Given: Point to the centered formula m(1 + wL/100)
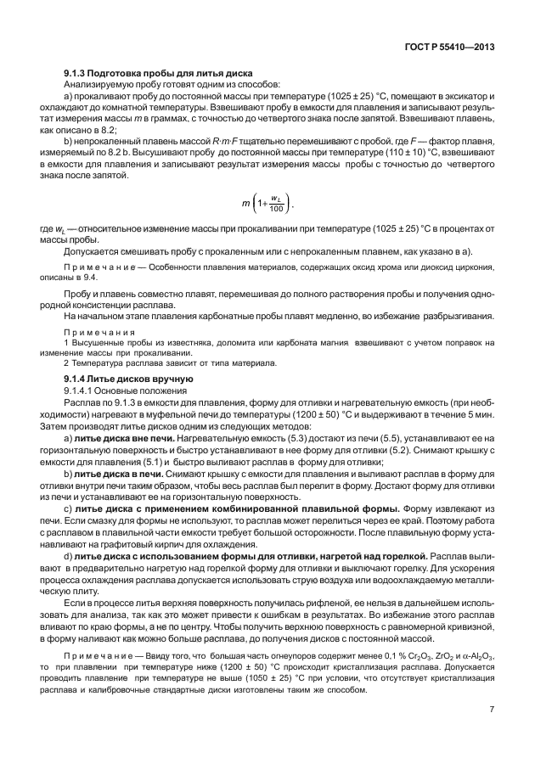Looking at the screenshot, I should (x=267, y=205).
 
